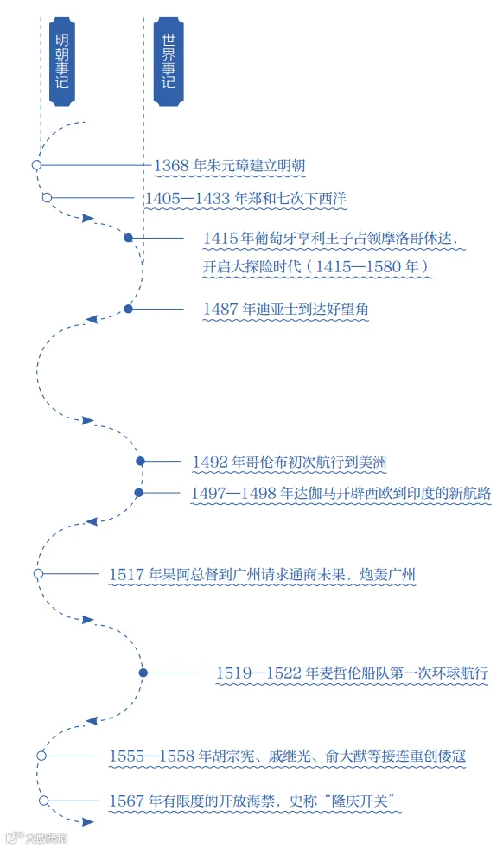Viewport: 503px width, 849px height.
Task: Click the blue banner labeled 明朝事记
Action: [x=61, y=61]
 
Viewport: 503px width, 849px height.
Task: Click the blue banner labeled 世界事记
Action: [x=169, y=61]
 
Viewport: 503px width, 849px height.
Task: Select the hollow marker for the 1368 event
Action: [x=37, y=164]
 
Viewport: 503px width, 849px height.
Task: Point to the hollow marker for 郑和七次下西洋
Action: [x=48, y=198]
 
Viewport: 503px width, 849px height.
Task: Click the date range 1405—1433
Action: [x=188, y=199]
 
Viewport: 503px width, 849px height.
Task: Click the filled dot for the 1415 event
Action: [x=128, y=238]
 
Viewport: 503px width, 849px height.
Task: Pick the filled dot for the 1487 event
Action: [x=128, y=309]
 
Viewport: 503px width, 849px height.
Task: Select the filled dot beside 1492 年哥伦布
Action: [x=141, y=462]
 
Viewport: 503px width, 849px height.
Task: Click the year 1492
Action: [x=210, y=463]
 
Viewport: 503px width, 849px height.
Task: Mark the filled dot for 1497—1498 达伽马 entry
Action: [x=139, y=493]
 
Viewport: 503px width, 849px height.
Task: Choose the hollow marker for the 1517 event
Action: [x=38, y=573]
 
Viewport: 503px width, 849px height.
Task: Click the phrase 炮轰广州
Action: [x=388, y=574]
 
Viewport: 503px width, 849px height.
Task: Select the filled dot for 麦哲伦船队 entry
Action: [x=143, y=673]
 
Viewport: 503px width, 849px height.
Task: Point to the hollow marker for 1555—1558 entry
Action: [x=41, y=756]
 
